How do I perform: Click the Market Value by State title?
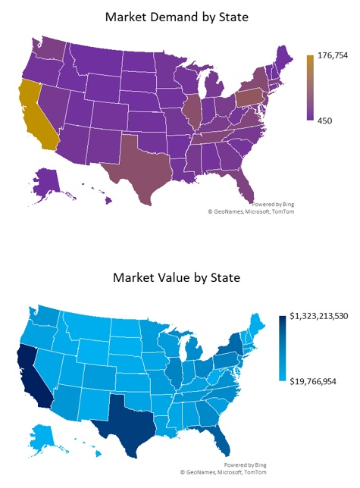(176, 277)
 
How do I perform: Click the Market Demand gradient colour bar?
(310, 87)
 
